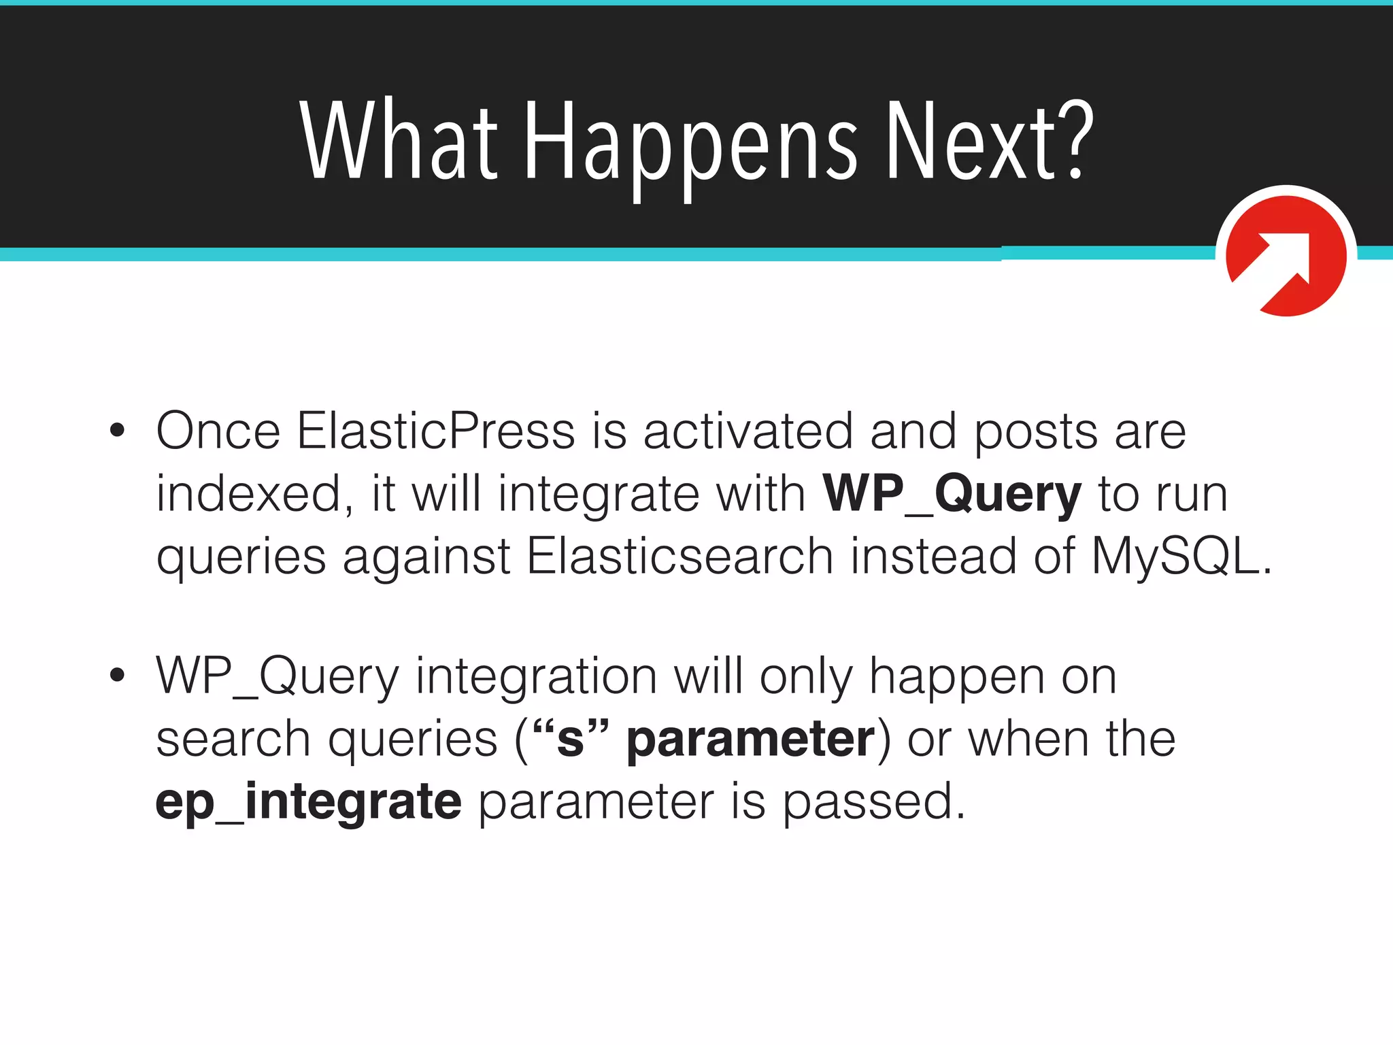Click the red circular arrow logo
pos(1286,255)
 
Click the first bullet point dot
pos(118,431)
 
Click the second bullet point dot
pos(118,676)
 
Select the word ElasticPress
pos(436,431)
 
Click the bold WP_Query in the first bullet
pos(952,495)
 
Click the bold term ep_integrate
pos(309,802)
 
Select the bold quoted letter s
pos(570,740)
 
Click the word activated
pos(748,431)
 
